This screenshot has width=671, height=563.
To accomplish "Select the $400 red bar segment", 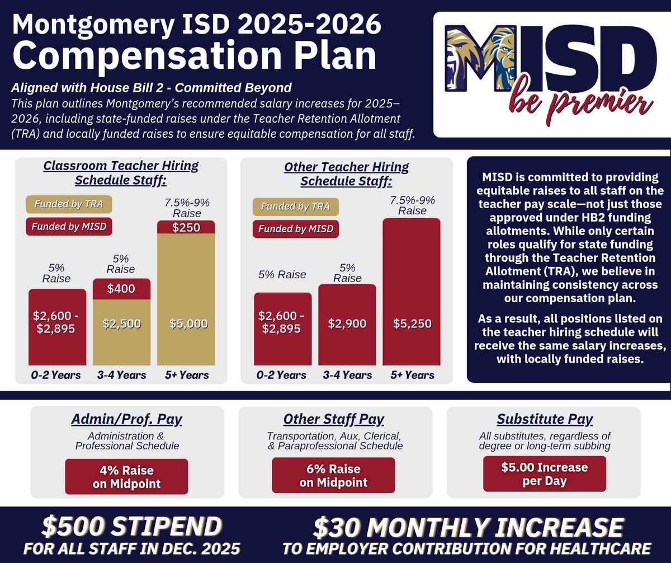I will click(122, 289).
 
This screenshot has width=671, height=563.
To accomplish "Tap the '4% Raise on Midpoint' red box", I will click(126, 476).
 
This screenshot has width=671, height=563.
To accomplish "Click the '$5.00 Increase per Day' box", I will click(544, 474).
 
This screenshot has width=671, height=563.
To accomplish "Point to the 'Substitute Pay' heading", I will click(545, 419).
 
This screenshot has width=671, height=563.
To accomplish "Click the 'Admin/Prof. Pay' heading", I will click(126, 419).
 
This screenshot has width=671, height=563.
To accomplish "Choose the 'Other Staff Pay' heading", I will click(334, 419).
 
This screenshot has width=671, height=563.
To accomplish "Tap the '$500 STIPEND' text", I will click(131, 527).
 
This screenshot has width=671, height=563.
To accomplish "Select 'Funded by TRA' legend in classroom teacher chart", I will click(69, 204).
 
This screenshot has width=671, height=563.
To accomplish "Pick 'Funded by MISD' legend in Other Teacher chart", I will click(296, 229).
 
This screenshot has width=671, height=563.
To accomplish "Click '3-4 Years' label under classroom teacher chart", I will click(122, 374).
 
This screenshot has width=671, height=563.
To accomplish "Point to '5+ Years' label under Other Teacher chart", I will click(412, 374).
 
